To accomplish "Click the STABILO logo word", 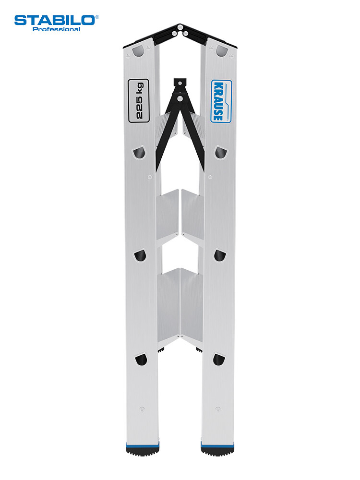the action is point(55,21).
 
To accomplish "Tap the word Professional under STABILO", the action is point(56,29).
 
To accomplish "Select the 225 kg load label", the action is point(138,101).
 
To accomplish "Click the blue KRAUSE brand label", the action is point(221,101).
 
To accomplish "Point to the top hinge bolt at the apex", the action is point(180,26).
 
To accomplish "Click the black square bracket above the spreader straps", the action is point(180,83).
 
